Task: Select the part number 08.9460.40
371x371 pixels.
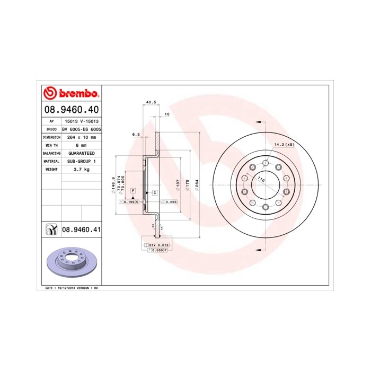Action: click(70, 110)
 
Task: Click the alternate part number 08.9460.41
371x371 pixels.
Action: click(82, 229)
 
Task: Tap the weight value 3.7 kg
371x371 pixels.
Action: click(82, 169)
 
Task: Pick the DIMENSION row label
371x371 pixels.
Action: click(51, 137)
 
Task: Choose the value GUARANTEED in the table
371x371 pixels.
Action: click(82, 153)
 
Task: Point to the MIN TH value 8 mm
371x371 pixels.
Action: click(82, 145)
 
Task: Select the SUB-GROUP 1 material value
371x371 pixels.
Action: click(82, 161)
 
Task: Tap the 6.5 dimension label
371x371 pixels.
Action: click(136, 135)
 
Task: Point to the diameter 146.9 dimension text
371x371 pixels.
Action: click(113, 184)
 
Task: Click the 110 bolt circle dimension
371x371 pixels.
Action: click(261, 180)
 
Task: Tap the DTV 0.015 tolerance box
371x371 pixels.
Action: click(159, 245)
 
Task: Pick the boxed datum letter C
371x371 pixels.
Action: click(154, 192)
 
